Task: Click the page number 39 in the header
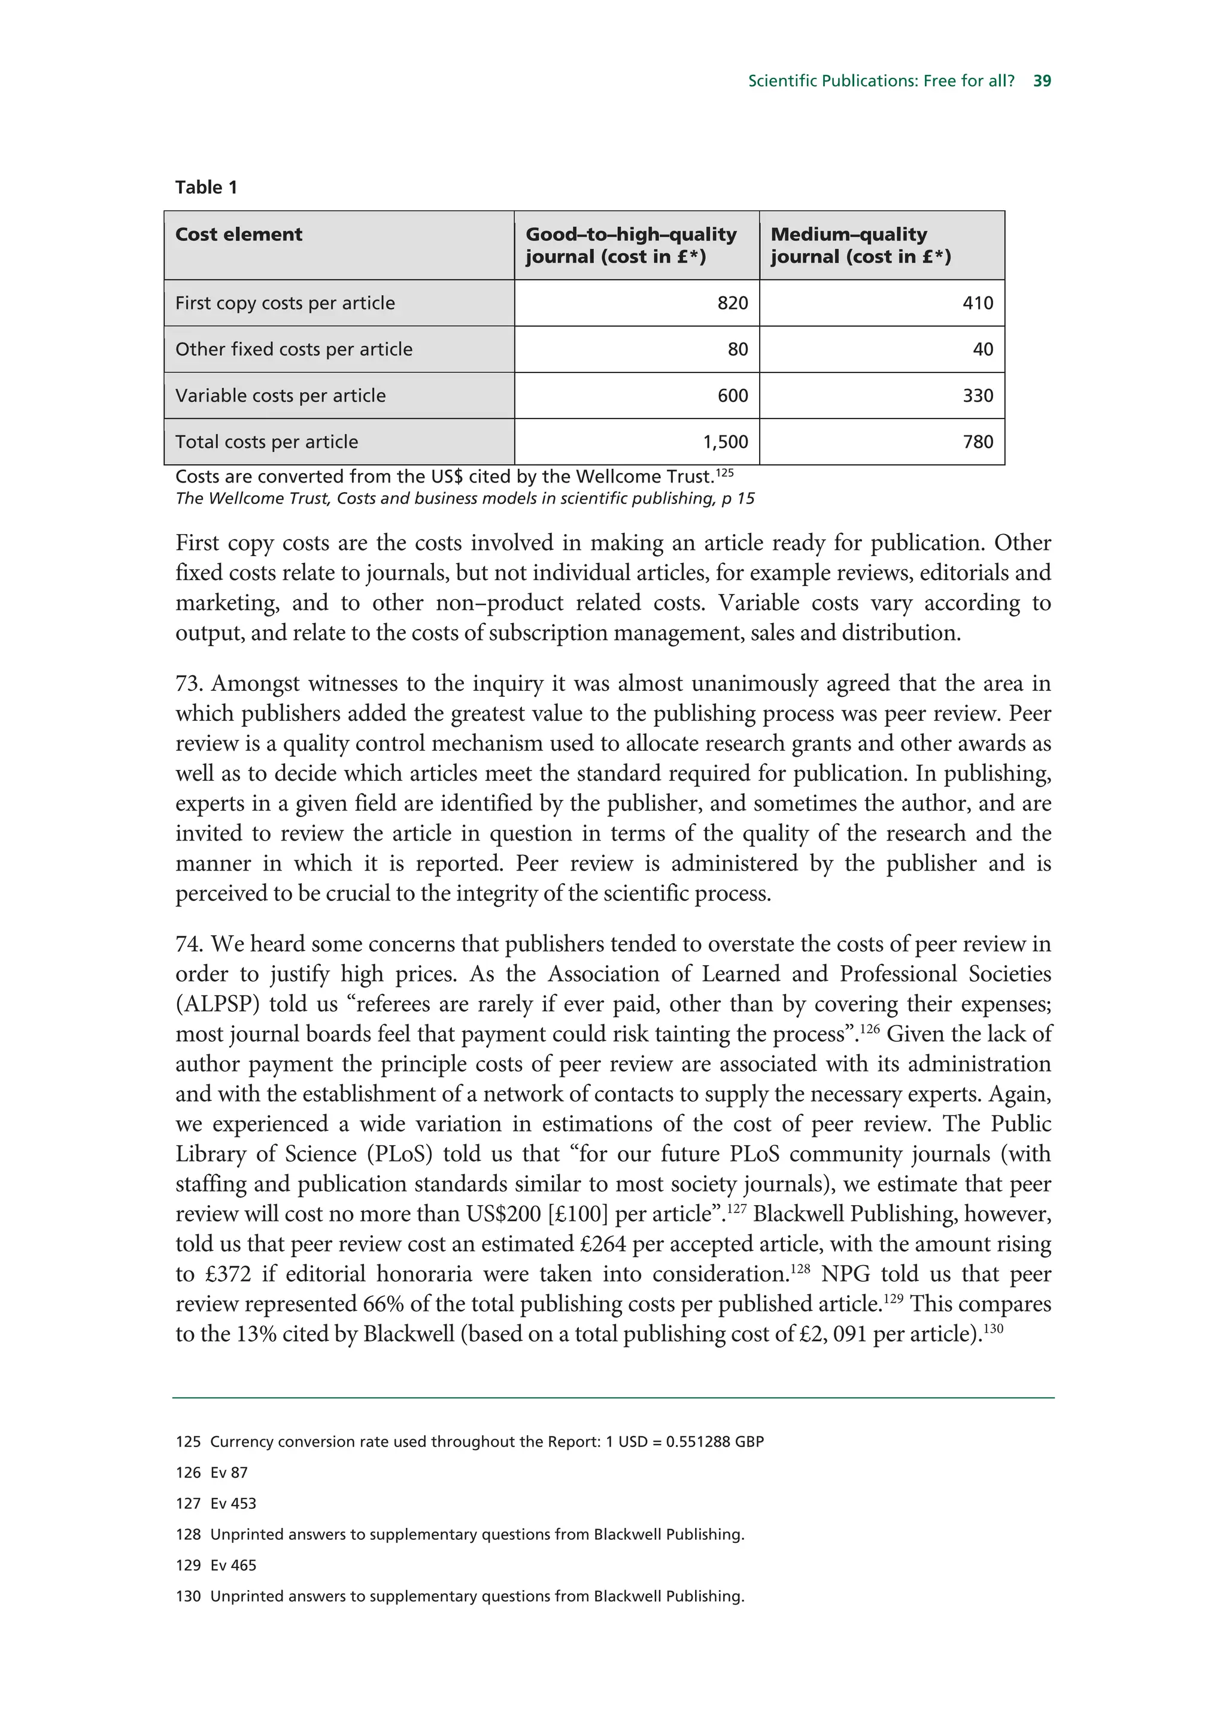coord(1042,81)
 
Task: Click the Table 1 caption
coord(206,187)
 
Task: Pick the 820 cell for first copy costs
coord(732,303)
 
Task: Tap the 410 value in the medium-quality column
coord(978,303)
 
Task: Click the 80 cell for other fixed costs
coord(738,349)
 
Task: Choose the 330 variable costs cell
coord(978,395)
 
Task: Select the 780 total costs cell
coord(978,442)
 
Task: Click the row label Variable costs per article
coord(280,396)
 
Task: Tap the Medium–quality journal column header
coord(860,245)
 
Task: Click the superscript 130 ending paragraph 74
coord(993,1328)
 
